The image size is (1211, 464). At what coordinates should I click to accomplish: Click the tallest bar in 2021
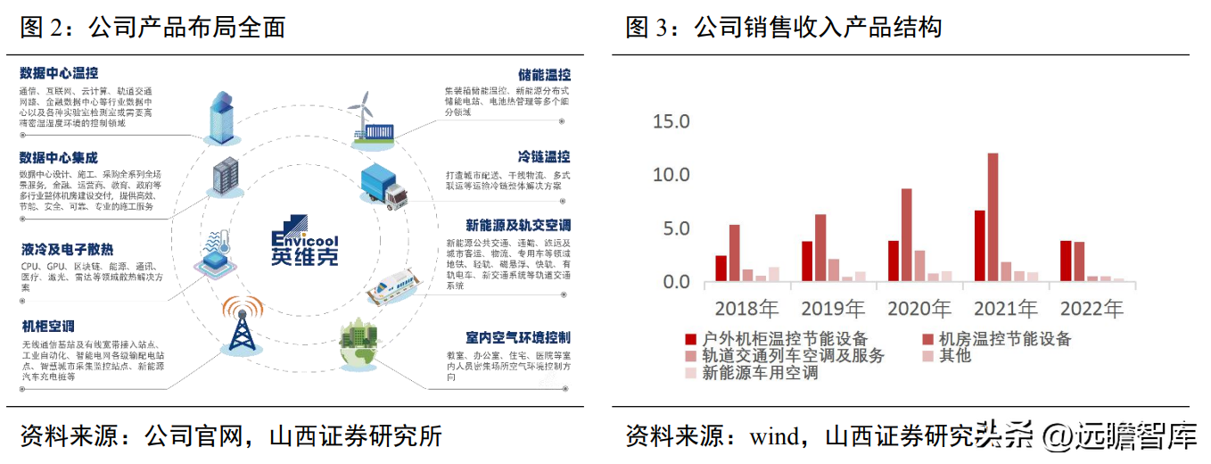click(x=993, y=218)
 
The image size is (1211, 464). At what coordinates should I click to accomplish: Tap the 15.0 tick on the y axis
click(x=671, y=121)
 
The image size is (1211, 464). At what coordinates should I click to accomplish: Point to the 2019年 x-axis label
click(x=833, y=310)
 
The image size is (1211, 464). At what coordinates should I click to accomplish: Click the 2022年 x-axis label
click(x=1092, y=310)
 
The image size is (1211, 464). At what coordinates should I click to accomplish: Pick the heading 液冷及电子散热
click(x=68, y=250)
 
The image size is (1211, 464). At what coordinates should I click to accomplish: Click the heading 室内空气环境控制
click(x=517, y=338)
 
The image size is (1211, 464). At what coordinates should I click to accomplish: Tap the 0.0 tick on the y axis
click(x=671, y=282)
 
